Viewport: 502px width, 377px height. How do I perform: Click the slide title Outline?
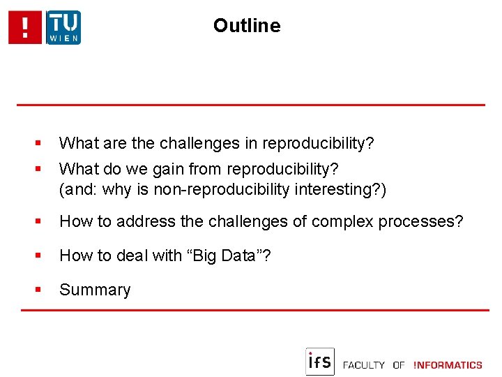[247, 26]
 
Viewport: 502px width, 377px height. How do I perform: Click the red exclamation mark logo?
[26, 28]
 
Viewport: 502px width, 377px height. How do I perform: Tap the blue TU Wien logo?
[63, 28]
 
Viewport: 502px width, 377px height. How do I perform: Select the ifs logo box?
[320, 362]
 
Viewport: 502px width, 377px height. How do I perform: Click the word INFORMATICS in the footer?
[448, 365]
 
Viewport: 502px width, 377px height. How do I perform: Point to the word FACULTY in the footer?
[364, 365]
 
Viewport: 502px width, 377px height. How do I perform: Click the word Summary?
[95, 290]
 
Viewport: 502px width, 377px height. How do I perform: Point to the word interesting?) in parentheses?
[342, 189]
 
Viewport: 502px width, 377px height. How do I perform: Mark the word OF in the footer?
[399, 365]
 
